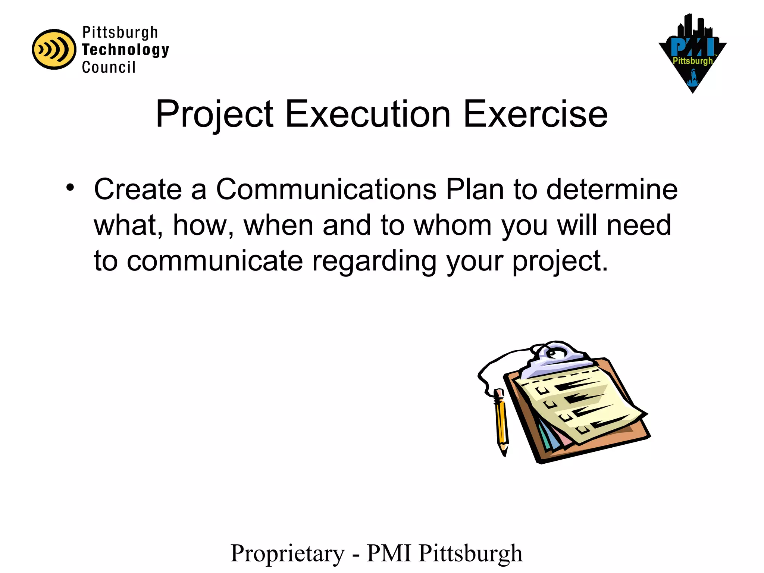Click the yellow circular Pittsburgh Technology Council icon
(54, 49)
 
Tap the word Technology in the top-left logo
(125, 50)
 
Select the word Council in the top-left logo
(109, 68)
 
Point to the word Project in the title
(215, 114)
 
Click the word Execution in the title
(368, 114)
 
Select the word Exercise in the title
(535, 114)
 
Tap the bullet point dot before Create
(70, 188)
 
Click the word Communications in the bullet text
(326, 190)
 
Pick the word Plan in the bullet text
(475, 190)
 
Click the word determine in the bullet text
(612, 190)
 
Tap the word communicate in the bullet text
(215, 261)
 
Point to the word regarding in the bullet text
(374, 262)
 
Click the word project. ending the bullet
(560, 262)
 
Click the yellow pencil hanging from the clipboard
(501, 422)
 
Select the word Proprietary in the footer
(288, 554)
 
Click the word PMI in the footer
(389, 553)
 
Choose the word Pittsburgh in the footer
(470, 554)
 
